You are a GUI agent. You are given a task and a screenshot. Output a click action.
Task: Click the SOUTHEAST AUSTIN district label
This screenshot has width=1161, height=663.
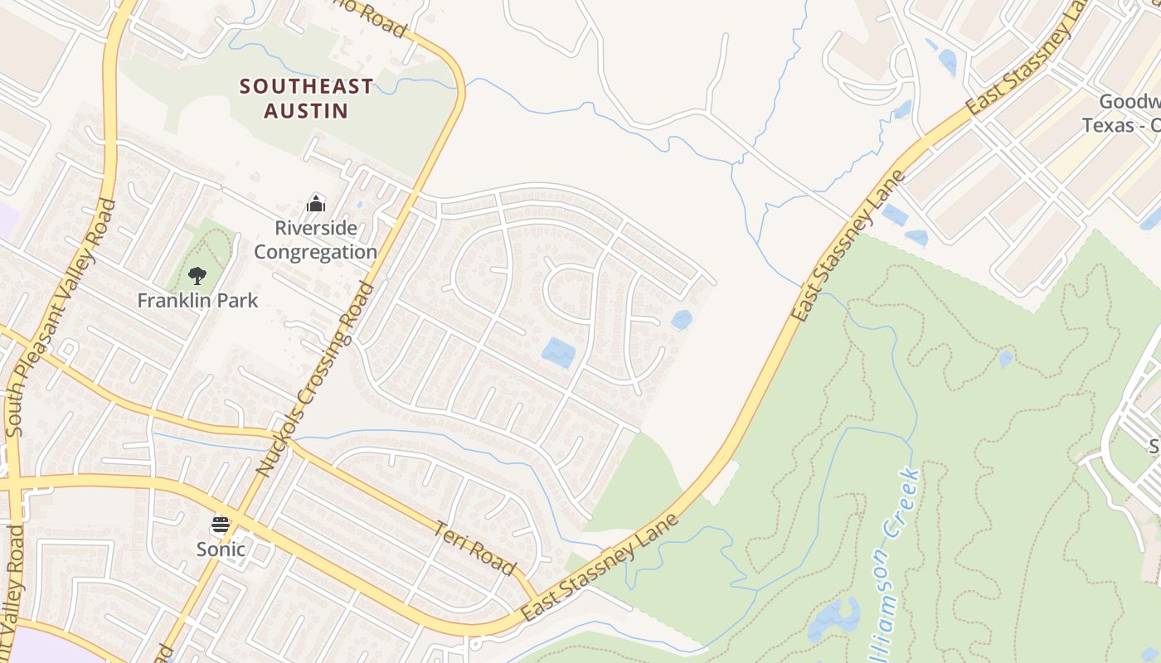point(306,98)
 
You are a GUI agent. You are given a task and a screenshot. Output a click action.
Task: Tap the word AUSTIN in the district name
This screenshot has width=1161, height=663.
point(306,110)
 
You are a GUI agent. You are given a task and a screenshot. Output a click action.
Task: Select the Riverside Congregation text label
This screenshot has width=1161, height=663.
point(315,240)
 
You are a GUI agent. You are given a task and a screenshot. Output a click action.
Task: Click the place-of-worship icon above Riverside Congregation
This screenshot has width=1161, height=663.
point(315,203)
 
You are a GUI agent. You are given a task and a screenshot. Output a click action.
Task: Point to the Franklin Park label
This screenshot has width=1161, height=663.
point(197,300)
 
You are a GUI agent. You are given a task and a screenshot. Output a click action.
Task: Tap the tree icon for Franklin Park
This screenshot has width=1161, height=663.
point(197,275)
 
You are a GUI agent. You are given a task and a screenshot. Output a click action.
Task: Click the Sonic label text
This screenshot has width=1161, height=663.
point(221,549)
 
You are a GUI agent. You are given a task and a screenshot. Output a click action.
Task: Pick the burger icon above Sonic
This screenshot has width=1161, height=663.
point(221,524)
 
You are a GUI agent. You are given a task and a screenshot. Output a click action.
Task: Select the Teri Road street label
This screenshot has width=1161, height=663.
point(475,547)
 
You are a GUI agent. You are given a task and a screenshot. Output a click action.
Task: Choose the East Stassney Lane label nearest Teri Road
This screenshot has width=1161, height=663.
point(600,568)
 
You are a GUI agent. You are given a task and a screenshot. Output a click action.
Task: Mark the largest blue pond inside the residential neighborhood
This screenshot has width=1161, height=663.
point(559,353)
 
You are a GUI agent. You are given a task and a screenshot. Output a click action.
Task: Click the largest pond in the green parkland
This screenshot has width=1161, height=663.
point(833,618)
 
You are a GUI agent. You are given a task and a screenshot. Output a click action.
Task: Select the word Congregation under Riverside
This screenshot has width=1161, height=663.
point(315,252)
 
